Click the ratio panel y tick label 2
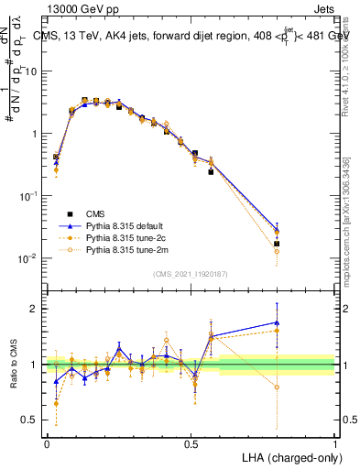pos(34,309)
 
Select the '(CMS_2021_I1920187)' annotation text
pos(191,273)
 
